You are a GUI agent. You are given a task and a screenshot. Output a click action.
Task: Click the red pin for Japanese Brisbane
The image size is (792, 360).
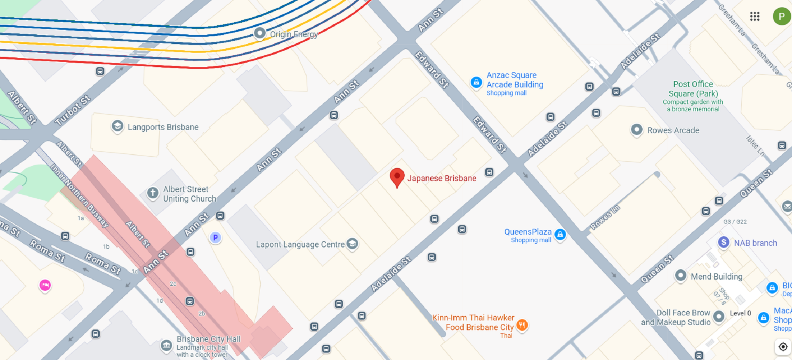point(397,177)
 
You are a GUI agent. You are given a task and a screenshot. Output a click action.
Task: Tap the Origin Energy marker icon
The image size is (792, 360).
point(259,33)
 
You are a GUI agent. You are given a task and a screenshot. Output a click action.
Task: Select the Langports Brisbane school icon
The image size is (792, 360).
point(118,126)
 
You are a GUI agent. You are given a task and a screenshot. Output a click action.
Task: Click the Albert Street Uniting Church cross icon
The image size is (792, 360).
point(153,193)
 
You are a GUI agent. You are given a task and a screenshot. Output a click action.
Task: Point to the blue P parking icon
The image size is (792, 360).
point(215,238)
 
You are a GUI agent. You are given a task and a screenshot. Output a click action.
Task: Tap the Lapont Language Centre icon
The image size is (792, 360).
point(352,244)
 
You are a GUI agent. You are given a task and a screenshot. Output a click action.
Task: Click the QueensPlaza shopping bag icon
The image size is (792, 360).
point(560,235)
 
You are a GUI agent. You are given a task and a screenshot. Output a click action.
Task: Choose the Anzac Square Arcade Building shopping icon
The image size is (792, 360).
point(476,82)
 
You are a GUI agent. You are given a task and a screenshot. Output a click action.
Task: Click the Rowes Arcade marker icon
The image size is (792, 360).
point(636,130)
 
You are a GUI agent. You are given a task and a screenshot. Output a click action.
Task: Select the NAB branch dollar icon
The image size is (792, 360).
point(724,242)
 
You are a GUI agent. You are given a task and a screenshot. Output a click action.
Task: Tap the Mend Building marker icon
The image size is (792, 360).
point(681,275)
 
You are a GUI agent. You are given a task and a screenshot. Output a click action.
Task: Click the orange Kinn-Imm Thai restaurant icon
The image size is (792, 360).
point(522,325)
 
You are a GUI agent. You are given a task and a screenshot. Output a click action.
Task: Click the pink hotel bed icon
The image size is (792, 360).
point(45,285)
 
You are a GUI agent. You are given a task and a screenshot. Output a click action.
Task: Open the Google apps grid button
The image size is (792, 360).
point(755,16)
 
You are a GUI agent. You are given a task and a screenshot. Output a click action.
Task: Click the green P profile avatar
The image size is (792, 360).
point(781,16)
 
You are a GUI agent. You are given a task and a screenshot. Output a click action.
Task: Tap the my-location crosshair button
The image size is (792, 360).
point(783,347)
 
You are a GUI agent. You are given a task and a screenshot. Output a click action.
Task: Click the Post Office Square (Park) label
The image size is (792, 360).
point(693,89)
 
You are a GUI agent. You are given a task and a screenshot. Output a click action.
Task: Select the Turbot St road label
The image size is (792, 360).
point(73,110)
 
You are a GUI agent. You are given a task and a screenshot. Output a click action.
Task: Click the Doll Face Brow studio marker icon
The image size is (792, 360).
point(719,316)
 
